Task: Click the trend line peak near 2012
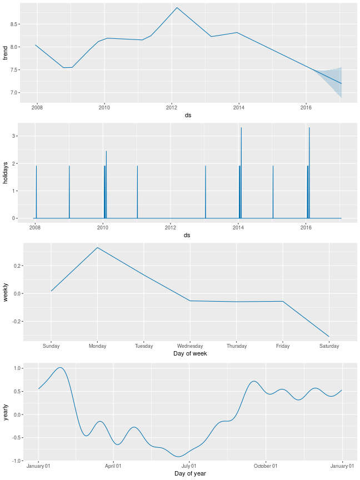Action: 177,8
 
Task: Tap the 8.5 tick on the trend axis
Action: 14,24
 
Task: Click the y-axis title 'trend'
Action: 5,53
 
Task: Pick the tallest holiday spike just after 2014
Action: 241,129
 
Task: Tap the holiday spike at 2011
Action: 137,167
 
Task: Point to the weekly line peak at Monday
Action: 98,248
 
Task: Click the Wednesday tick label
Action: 190,346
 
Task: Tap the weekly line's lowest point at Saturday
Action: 329,337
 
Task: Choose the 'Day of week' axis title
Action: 190,354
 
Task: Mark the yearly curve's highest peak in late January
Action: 60,368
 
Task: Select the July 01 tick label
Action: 189,466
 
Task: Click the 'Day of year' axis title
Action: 190,473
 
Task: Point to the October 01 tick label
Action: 266,466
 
